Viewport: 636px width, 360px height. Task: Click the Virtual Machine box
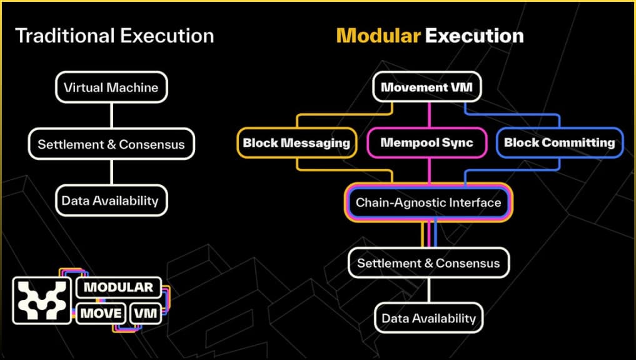click(x=111, y=87)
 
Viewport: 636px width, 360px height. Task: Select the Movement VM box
click(x=428, y=87)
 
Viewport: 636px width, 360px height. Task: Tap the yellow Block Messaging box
click(x=296, y=142)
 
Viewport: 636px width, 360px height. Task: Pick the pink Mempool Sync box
click(x=427, y=142)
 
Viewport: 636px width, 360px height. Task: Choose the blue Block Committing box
click(x=559, y=142)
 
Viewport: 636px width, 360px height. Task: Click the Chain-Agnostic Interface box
click(x=428, y=202)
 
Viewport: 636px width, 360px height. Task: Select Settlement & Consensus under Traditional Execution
click(x=111, y=144)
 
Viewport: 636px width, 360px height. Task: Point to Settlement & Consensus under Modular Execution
click(x=428, y=263)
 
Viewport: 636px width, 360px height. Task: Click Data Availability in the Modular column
click(x=429, y=318)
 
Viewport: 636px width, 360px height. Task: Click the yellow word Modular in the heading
click(x=378, y=36)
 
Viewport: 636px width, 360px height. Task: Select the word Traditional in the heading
click(x=63, y=36)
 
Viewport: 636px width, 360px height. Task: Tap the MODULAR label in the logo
click(x=118, y=287)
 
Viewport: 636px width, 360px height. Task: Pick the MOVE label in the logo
click(x=100, y=312)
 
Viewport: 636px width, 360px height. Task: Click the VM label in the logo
click(x=145, y=312)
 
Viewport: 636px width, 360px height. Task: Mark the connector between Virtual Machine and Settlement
click(x=111, y=116)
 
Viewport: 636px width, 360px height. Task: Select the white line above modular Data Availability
click(x=429, y=291)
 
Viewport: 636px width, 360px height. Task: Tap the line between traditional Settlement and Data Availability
click(x=111, y=172)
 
